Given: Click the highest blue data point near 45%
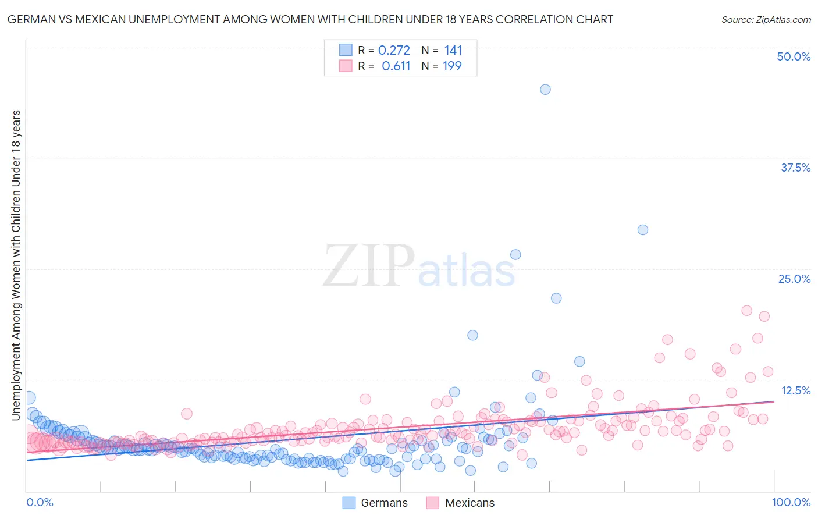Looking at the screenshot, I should pyautogui.click(x=545, y=90).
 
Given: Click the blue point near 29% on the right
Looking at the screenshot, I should pyautogui.click(x=642, y=230).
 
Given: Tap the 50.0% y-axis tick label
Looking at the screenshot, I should pyautogui.click(x=794, y=56).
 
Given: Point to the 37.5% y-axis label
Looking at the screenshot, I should pyautogui.click(x=795, y=168).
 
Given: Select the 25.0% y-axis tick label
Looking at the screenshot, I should pyautogui.click(x=794, y=279).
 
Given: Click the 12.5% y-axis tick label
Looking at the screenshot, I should pyautogui.click(x=795, y=390).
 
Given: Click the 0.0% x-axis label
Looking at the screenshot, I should pyautogui.click(x=40, y=502).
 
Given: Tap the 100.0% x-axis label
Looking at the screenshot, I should pyautogui.click(x=791, y=502).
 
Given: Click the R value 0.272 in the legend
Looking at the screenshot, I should pyautogui.click(x=394, y=51).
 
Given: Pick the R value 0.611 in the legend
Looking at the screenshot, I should pyautogui.click(x=396, y=66).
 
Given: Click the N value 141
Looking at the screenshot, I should pyautogui.click(x=453, y=51).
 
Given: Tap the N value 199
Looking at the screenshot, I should pyautogui.click(x=452, y=66).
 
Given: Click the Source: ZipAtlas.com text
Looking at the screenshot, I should pyautogui.click(x=766, y=19).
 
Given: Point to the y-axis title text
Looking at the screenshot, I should pyautogui.click(x=16, y=265).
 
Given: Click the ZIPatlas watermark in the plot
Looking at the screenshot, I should pyautogui.click(x=419, y=266).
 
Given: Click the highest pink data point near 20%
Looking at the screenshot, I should pyautogui.click(x=746, y=311).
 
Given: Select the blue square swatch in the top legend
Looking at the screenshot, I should pyautogui.click(x=346, y=51).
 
